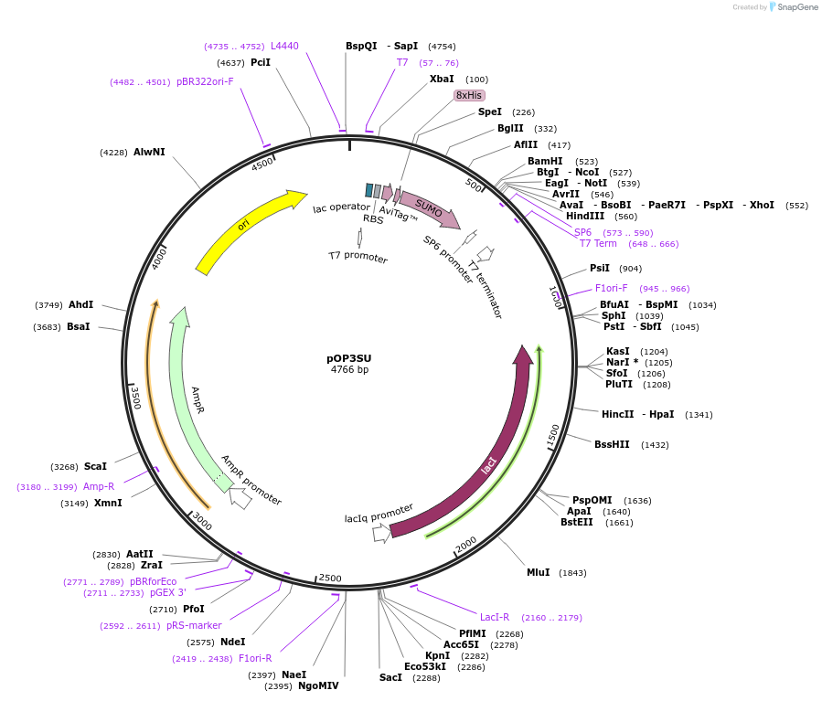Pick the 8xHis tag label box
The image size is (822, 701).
469,95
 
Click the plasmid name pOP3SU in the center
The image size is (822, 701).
349,357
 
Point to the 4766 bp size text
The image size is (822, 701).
349,369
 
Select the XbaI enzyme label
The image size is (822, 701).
442,80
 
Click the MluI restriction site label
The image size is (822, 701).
538,572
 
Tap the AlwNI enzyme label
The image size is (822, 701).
149,152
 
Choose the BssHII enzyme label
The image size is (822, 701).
612,445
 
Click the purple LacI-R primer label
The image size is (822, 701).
495,617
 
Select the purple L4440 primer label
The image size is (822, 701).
284,46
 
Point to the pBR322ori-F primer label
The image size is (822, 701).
205,81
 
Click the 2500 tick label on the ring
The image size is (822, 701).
329,578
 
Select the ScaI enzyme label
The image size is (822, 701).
95,466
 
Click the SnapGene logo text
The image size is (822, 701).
798,7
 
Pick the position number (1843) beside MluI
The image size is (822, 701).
572,573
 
